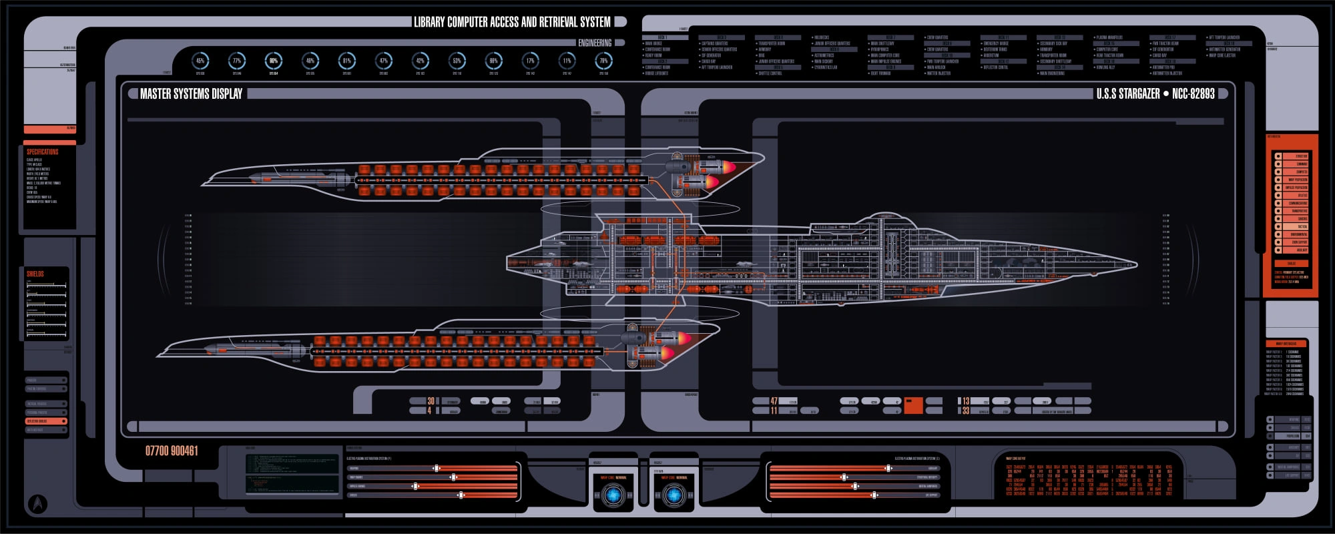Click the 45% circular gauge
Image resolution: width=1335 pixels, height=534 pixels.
coord(200,61)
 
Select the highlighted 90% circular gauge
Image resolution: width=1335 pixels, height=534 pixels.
coord(273,61)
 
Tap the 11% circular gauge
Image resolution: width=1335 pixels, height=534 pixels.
coord(567,61)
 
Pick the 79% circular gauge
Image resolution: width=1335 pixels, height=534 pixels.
coord(603,61)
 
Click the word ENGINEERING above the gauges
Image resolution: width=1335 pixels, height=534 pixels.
coord(594,43)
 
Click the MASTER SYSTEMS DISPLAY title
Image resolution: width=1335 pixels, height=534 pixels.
coord(191,94)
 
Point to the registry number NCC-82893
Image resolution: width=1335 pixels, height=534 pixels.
coord(1193,94)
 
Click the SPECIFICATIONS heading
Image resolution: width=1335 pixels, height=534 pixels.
coord(42,152)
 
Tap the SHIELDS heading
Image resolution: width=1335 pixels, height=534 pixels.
coord(35,274)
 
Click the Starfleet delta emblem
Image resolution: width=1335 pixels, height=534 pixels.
coord(39,503)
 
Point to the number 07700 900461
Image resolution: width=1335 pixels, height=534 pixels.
coord(172,451)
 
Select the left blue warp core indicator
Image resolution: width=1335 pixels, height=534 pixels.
coord(613,495)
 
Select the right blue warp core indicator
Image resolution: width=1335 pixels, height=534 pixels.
coord(674,495)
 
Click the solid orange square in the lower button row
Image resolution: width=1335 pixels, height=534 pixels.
coord(913,405)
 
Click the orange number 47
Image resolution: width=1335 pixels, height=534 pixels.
coord(774,401)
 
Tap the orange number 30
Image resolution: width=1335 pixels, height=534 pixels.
coord(431,401)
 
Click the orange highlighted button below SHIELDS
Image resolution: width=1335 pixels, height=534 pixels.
coord(45,421)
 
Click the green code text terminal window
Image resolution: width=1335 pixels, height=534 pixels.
coord(292,474)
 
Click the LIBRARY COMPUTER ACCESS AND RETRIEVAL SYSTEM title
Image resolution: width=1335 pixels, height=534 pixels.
coord(512,22)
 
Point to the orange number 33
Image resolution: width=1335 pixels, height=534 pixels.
coord(965,411)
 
